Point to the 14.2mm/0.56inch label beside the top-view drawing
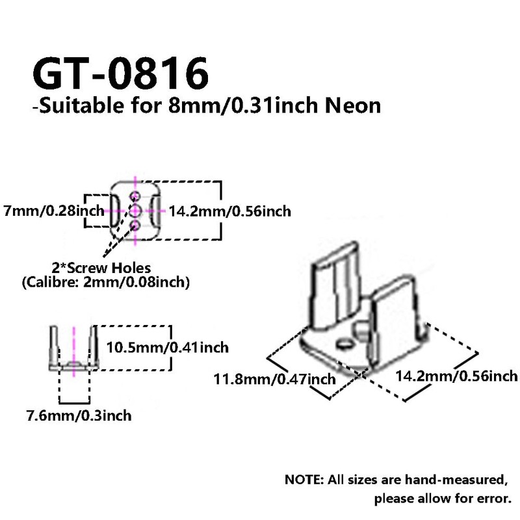coord(229,211)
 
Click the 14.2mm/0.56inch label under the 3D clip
coord(456,376)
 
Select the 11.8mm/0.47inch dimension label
coord(275,378)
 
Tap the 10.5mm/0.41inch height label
coord(168,348)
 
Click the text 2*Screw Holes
coord(101,267)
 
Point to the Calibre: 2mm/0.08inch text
coord(105,283)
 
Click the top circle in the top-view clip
coord(135,196)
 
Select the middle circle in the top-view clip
coord(135,210)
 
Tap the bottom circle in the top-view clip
coord(135,224)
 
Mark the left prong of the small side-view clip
coord(53,347)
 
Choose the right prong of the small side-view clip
coord(94,347)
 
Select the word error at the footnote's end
coord(493,500)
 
